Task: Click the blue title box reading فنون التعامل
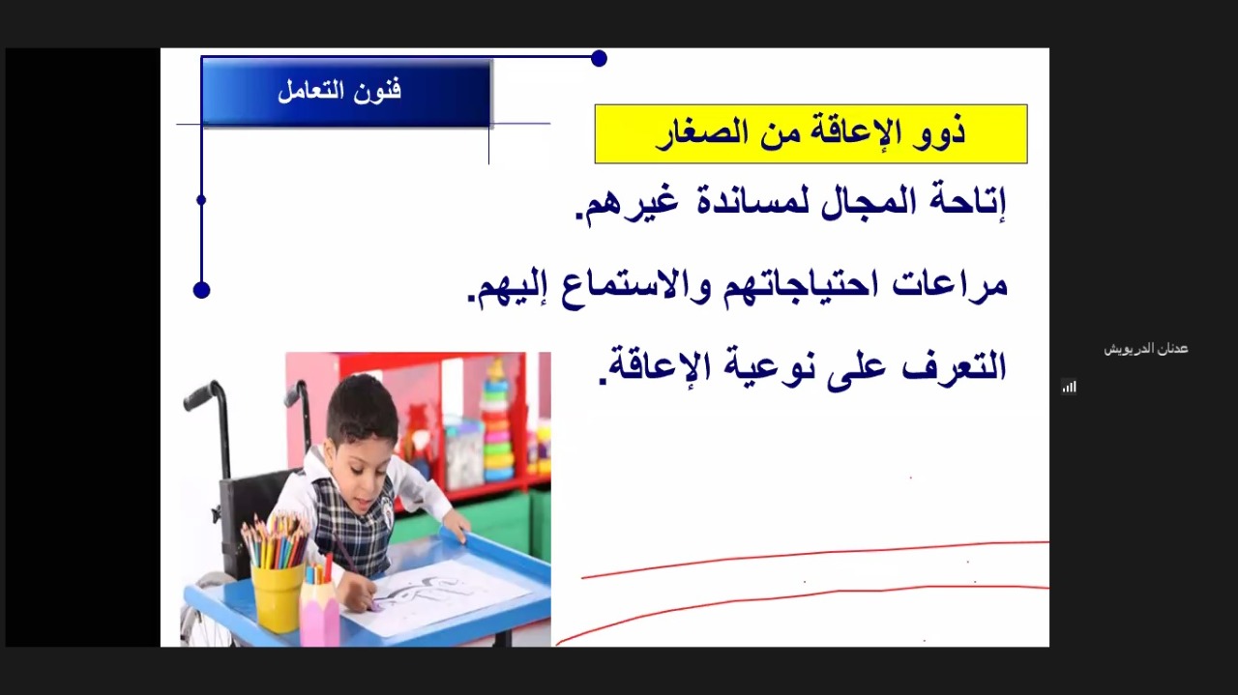(x=346, y=92)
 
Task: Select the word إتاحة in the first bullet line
(x=968, y=200)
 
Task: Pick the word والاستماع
(x=640, y=287)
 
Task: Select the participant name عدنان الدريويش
(x=1146, y=349)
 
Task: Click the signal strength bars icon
(x=1069, y=387)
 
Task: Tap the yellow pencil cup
(x=277, y=596)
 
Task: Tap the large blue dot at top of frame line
(x=599, y=58)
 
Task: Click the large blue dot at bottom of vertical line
(x=202, y=290)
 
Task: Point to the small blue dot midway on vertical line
(x=201, y=200)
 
